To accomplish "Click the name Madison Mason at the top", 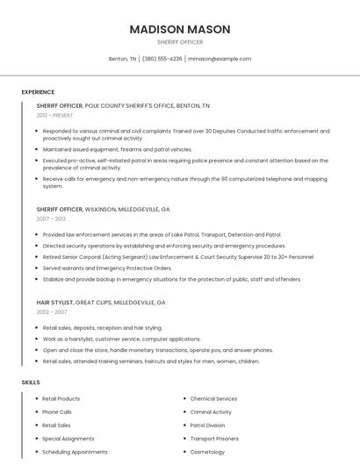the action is pyautogui.click(x=180, y=29).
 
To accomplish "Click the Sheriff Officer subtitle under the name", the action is pyautogui.click(x=180, y=42).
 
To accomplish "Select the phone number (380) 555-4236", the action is pyautogui.click(x=162, y=59).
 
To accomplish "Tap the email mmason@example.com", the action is pyautogui.click(x=219, y=59).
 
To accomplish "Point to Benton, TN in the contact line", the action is pyautogui.click(x=122, y=59).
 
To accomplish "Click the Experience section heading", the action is pyautogui.click(x=38, y=92).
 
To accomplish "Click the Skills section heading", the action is pyautogui.click(x=31, y=383).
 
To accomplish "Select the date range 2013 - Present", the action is pyautogui.click(x=54, y=115).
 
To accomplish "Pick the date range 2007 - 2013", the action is pyautogui.click(x=51, y=218).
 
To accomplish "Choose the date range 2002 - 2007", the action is pyautogui.click(x=52, y=311).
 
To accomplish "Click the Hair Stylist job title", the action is pyautogui.click(x=54, y=302).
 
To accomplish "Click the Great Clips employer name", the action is pyautogui.click(x=98, y=302).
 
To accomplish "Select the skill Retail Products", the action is pyautogui.click(x=61, y=399).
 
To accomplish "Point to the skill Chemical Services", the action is pyautogui.click(x=213, y=399).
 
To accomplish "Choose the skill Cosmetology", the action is pyautogui.click(x=207, y=452).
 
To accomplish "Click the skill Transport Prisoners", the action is pyautogui.click(x=214, y=439).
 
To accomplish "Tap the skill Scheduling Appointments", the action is pyautogui.click(x=75, y=452).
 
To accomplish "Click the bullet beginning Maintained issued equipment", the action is pyautogui.click(x=117, y=149).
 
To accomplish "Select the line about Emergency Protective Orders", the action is pyautogui.click(x=107, y=268).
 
